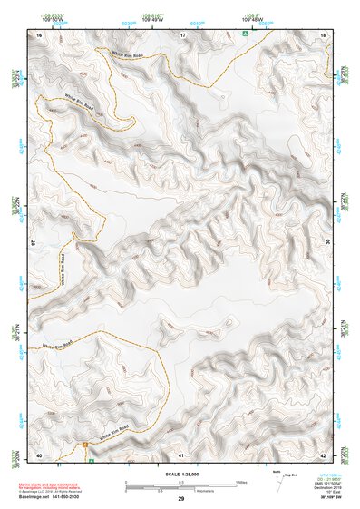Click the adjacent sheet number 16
pyautogui.click(x=40, y=34)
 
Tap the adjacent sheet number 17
pyautogui.click(x=182, y=34)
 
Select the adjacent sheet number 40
pyautogui.click(x=39, y=454)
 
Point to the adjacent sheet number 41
pyautogui.click(x=181, y=454)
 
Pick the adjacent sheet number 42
pyautogui.click(x=324, y=454)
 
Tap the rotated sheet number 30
pyautogui.click(x=327, y=243)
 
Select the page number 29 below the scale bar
pyautogui.click(x=181, y=499)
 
